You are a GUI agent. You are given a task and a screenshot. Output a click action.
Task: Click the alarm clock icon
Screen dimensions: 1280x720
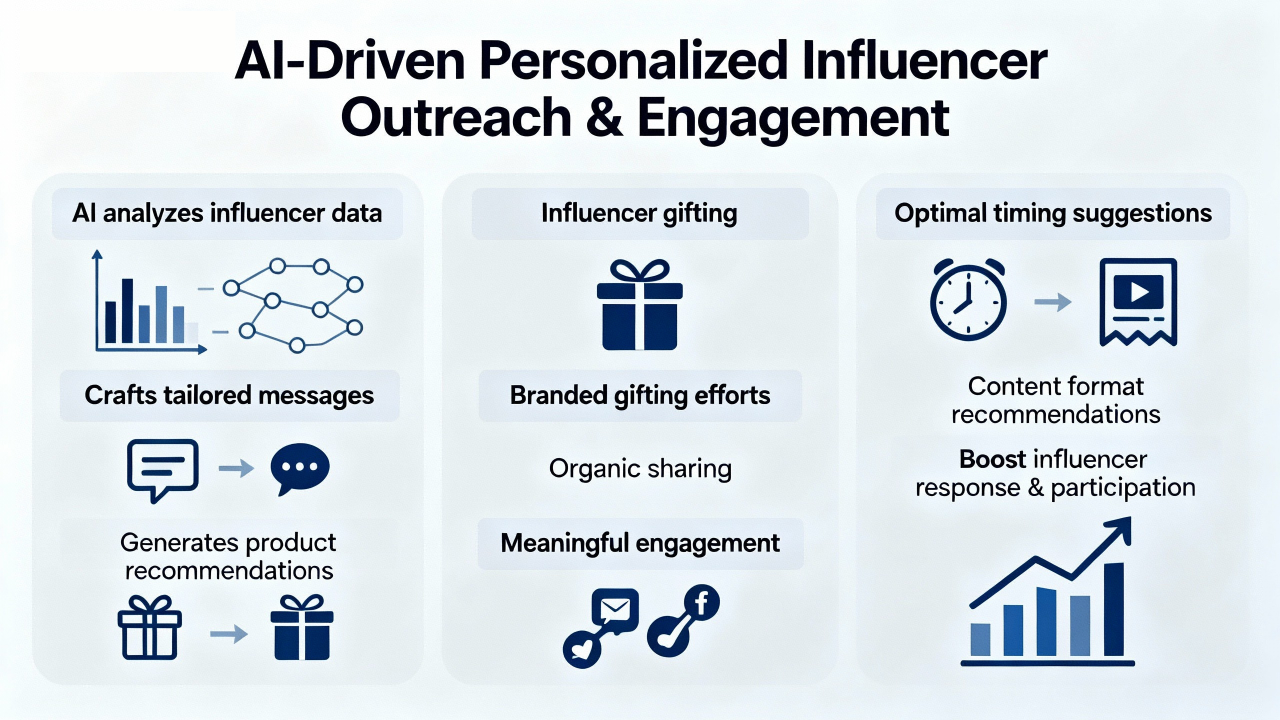(969, 299)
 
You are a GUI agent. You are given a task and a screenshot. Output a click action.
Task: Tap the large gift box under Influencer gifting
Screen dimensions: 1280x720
(639, 305)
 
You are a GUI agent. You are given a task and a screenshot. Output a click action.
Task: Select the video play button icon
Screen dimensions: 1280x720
(1138, 291)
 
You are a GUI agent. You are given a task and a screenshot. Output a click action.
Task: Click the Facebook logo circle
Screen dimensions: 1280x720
(701, 602)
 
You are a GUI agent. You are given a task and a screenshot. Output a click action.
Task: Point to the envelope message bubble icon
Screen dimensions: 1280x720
(615, 611)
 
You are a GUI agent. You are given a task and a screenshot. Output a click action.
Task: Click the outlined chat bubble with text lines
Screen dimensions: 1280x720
(163, 470)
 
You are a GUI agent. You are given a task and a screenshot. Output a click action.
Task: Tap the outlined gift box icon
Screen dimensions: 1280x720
(150, 627)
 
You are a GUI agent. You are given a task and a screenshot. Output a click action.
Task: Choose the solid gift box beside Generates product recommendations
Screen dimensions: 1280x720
(302, 627)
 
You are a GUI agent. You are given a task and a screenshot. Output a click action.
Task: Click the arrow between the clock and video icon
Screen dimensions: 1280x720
(1053, 302)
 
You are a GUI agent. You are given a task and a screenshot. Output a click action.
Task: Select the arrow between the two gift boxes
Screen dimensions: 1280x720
(229, 634)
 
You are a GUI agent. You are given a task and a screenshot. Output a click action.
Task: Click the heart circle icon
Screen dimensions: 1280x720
(582, 650)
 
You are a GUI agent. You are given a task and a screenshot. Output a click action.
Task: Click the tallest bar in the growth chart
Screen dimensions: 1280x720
(1114, 609)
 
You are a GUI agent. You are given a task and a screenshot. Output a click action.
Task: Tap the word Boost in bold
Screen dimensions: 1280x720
(993, 459)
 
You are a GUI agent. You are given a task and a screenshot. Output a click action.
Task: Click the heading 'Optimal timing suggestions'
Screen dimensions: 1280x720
(1053, 214)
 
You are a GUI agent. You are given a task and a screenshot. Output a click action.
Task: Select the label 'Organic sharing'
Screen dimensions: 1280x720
(640, 469)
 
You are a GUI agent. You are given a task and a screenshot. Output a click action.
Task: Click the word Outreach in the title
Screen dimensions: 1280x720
(456, 117)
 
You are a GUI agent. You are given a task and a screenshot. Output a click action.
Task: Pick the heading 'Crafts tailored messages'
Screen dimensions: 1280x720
(229, 395)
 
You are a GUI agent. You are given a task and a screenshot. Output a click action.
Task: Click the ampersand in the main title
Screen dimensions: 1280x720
(604, 117)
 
